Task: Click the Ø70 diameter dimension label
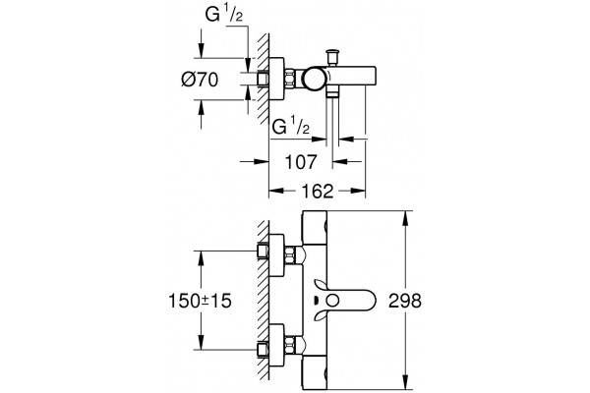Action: click(x=200, y=80)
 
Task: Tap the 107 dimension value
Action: click(x=301, y=162)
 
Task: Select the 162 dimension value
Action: click(x=318, y=191)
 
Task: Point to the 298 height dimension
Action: click(x=405, y=301)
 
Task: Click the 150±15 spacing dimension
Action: click(x=200, y=301)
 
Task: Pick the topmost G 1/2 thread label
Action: click(x=224, y=15)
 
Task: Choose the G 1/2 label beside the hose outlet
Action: click(x=290, y=127)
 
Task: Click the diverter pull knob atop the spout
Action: click(x=332, y=56)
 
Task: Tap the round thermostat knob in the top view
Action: click(x=315, y=78)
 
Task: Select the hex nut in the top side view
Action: click(x=290, y=79)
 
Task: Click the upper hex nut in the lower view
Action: click(x=290, y=255)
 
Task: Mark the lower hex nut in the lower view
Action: click(x=290, y=345)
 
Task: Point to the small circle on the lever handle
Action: click(x=332, y=301)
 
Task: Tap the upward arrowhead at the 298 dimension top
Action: click(x=405, y=218)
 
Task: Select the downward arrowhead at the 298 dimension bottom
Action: click(x=405, y=382)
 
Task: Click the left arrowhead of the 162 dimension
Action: click(x=276, y=191)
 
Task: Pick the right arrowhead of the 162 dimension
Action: click(x=358, y=191)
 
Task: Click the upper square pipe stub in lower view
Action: click(x=263, y=252)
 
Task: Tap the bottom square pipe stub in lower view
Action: click(x=263, y=350)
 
